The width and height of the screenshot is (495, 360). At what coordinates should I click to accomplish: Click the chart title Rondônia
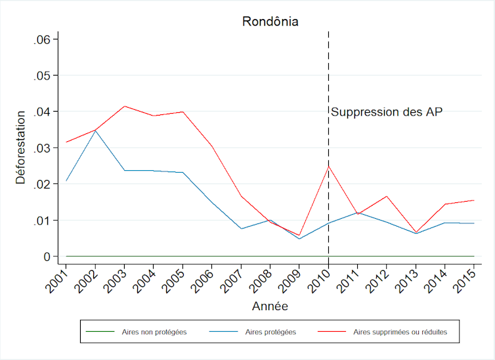[270, 22]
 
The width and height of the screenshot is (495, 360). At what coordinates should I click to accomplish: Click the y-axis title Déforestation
[20, 147]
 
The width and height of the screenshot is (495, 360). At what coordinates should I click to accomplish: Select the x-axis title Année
[270, 306]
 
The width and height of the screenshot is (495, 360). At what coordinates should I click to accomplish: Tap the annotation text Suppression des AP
[387, 112]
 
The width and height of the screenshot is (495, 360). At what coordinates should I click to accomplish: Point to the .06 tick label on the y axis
[42, 39]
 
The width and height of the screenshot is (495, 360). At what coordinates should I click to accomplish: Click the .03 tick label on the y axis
[42, 148]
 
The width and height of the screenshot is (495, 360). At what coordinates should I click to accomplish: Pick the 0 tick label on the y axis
[47, 256]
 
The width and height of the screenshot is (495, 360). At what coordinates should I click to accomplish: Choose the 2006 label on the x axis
[204, 275]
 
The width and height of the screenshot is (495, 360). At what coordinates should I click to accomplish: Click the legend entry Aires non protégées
[154, 332]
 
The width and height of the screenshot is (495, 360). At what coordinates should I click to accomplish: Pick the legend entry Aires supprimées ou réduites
[400, 332]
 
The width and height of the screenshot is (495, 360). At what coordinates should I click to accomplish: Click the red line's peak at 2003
[124, 106]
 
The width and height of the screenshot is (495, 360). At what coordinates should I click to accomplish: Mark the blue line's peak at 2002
[95, 130]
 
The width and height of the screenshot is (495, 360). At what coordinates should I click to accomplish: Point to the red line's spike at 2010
[328, 166]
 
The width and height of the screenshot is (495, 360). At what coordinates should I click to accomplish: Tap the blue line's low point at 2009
[299, 238]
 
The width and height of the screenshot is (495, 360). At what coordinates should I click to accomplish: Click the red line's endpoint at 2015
[474, 200]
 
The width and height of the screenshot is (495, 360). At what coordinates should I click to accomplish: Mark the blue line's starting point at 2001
[66, 181]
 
